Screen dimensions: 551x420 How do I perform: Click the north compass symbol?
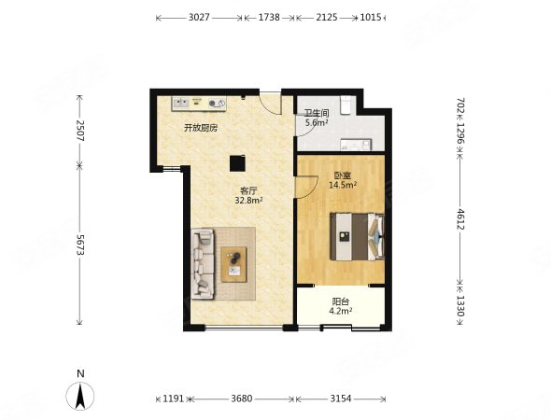[x=80, y=396]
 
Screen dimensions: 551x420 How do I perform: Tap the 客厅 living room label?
[x=248, y=191]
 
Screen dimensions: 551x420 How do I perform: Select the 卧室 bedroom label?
[x=343, y=175]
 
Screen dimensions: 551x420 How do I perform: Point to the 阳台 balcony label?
[x=341, y=301]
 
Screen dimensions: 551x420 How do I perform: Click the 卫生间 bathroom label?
[x=317, y=114]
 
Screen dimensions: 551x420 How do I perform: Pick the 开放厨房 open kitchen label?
[x=201, y=128]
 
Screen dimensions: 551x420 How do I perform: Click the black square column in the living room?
[x=237, y=163]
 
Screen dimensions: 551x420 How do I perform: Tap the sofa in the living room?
[x=203, y=264]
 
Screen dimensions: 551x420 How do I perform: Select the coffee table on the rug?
[x=233, y=264]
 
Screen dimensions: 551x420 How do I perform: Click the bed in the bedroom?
[x=357, y=236]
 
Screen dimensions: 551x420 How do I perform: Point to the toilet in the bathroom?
[x=346, y=105]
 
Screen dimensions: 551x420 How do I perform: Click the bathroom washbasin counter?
[x=356, y=145]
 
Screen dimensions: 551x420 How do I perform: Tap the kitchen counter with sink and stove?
[x=199, y=104]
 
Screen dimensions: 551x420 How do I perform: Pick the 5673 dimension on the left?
[x=80, y=245]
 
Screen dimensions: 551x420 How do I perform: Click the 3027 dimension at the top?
[x=199, y=17]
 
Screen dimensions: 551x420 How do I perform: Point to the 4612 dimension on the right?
[x=460, y=219]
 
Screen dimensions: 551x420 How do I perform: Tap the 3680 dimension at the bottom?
[x=242, y=399]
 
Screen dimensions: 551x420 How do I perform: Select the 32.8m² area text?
[x=248, y=201]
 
